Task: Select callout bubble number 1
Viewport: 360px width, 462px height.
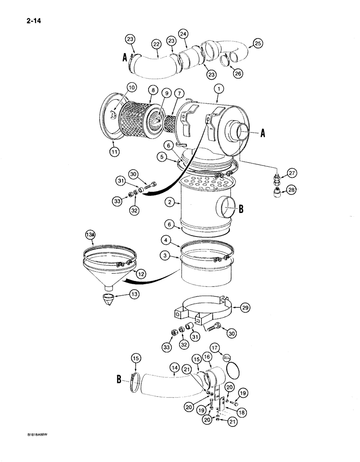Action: pyautogui.click(x=220, y=88)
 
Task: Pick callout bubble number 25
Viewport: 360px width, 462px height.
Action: pyautogui.click(x=257, y=44)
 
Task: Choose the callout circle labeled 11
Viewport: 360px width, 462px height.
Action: pyautogui.click(x=114, y=150)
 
